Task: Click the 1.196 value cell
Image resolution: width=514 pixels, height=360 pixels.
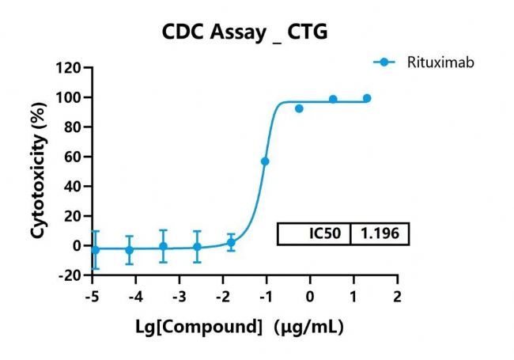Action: point(380,234)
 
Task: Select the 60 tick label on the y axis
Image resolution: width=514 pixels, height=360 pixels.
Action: point(73,157)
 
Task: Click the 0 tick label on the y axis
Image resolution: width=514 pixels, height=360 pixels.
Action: point(77,246)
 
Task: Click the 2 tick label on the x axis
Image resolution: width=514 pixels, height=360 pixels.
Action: point(398,296)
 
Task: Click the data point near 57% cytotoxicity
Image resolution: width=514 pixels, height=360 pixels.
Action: point(265,161)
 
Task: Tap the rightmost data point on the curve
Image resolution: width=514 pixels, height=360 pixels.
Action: point(367,98)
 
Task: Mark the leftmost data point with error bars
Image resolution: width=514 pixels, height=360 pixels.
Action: point(95,249)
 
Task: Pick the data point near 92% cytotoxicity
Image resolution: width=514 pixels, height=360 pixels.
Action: point(299,108)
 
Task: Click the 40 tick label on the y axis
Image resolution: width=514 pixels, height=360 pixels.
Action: point(73,187)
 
